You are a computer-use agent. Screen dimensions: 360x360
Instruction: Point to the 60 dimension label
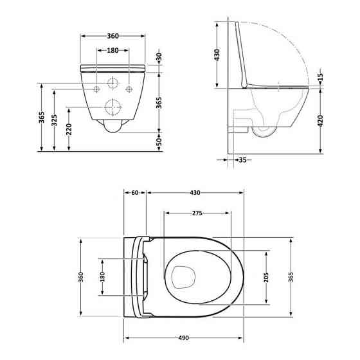point(135,193)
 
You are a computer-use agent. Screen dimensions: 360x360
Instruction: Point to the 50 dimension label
point(159,140)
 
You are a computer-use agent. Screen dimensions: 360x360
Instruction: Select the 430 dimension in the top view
point(195,193)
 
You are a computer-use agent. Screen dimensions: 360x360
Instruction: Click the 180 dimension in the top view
point(101,276)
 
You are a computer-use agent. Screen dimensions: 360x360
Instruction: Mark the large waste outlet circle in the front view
point(113,106)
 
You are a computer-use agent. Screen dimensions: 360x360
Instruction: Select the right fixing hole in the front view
point(130,87)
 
